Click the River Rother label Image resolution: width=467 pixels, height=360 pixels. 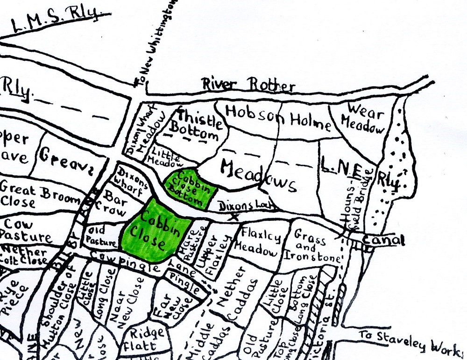[248, 85]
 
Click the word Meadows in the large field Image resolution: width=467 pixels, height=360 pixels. [259, 175]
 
